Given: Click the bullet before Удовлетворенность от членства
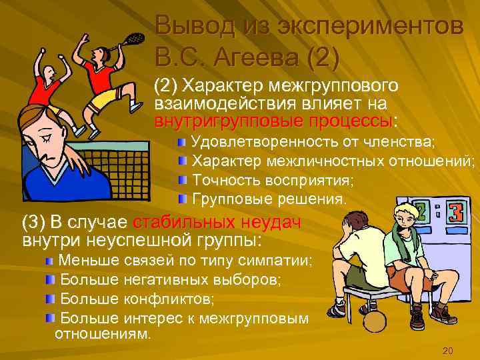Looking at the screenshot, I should pos(182,143).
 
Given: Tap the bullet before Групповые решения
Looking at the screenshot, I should pos(182,199).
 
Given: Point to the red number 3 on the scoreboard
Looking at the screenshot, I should pos(456,214).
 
